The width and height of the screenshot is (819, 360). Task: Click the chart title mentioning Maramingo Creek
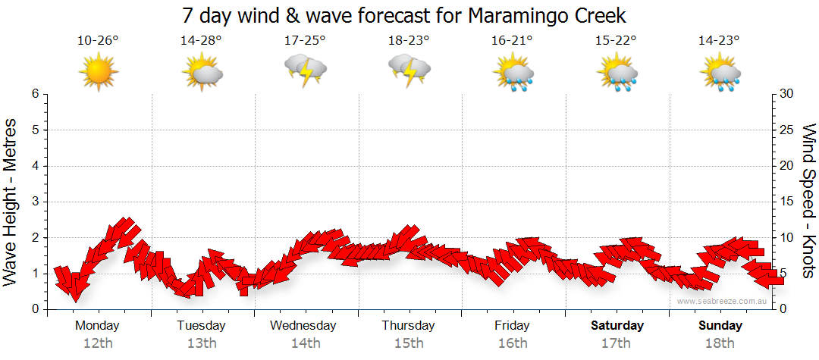coord(405,15)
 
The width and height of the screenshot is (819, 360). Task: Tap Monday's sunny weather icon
coord(98,71)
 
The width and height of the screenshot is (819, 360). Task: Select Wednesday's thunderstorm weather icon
coord(305,71)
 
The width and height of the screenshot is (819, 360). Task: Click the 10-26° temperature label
coord(98,40)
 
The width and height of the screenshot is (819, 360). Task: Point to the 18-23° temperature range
coord(409,40)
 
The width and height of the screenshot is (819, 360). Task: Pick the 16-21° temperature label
coord(512,40)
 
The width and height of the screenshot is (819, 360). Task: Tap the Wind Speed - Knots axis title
coord(808,202)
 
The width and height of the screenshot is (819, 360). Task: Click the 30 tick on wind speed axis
coord(787,94)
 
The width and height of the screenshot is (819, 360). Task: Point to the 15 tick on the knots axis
coord(787,202)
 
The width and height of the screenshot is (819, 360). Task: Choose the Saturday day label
coord(617,326)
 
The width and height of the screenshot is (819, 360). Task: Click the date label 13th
coord(201,343)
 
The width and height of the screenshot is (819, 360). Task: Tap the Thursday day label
coord(408,326)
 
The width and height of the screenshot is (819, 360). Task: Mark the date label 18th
coord(720,343)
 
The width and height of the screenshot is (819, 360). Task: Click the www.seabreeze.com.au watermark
coord(723,301)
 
